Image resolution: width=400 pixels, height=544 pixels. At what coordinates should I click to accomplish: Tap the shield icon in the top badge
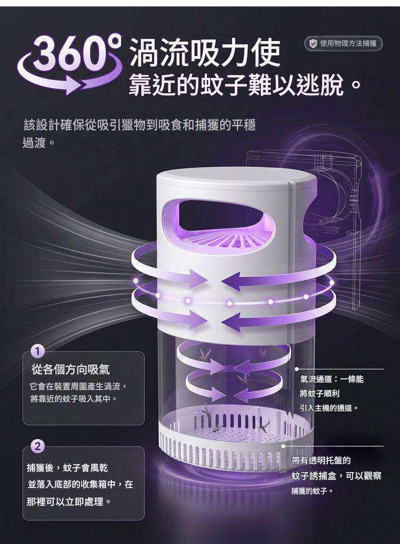pyautogui.click(x=313, y=43)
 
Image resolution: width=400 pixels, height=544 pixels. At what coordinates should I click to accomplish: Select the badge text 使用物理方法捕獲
pyautogui.click(x=348, y=43)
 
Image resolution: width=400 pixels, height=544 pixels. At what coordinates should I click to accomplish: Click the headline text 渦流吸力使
pyautogui.click(x=205, y=52)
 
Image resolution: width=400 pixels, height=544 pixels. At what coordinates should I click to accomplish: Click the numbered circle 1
pyautogui.click(x=38, y=352)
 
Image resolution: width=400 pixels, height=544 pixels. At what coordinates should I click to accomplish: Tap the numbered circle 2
pyautogui.click(x=38, y=446)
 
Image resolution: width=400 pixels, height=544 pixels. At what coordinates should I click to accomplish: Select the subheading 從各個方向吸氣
pyautogui.click(x=70, y=369)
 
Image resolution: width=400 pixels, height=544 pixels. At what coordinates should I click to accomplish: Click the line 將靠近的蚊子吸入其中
pyautogui.click(x=73, y=399)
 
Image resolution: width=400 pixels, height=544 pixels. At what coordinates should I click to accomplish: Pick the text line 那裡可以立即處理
pyautogui.click(x=69, y=502)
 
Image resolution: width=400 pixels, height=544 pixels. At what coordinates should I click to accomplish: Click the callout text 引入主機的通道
pyautogui.click(x=328, y=408)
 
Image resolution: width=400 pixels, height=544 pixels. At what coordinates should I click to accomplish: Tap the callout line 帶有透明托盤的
pyautogui.click(x=321, y=460)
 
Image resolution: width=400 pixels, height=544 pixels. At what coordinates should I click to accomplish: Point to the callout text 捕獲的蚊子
pyautogui.click(x=312, y=491)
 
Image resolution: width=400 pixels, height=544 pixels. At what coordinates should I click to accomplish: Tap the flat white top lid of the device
pyautogui.click(x=236, y=177)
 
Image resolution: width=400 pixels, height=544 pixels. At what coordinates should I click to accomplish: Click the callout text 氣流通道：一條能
pyautogui.click(x=332, y=379)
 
